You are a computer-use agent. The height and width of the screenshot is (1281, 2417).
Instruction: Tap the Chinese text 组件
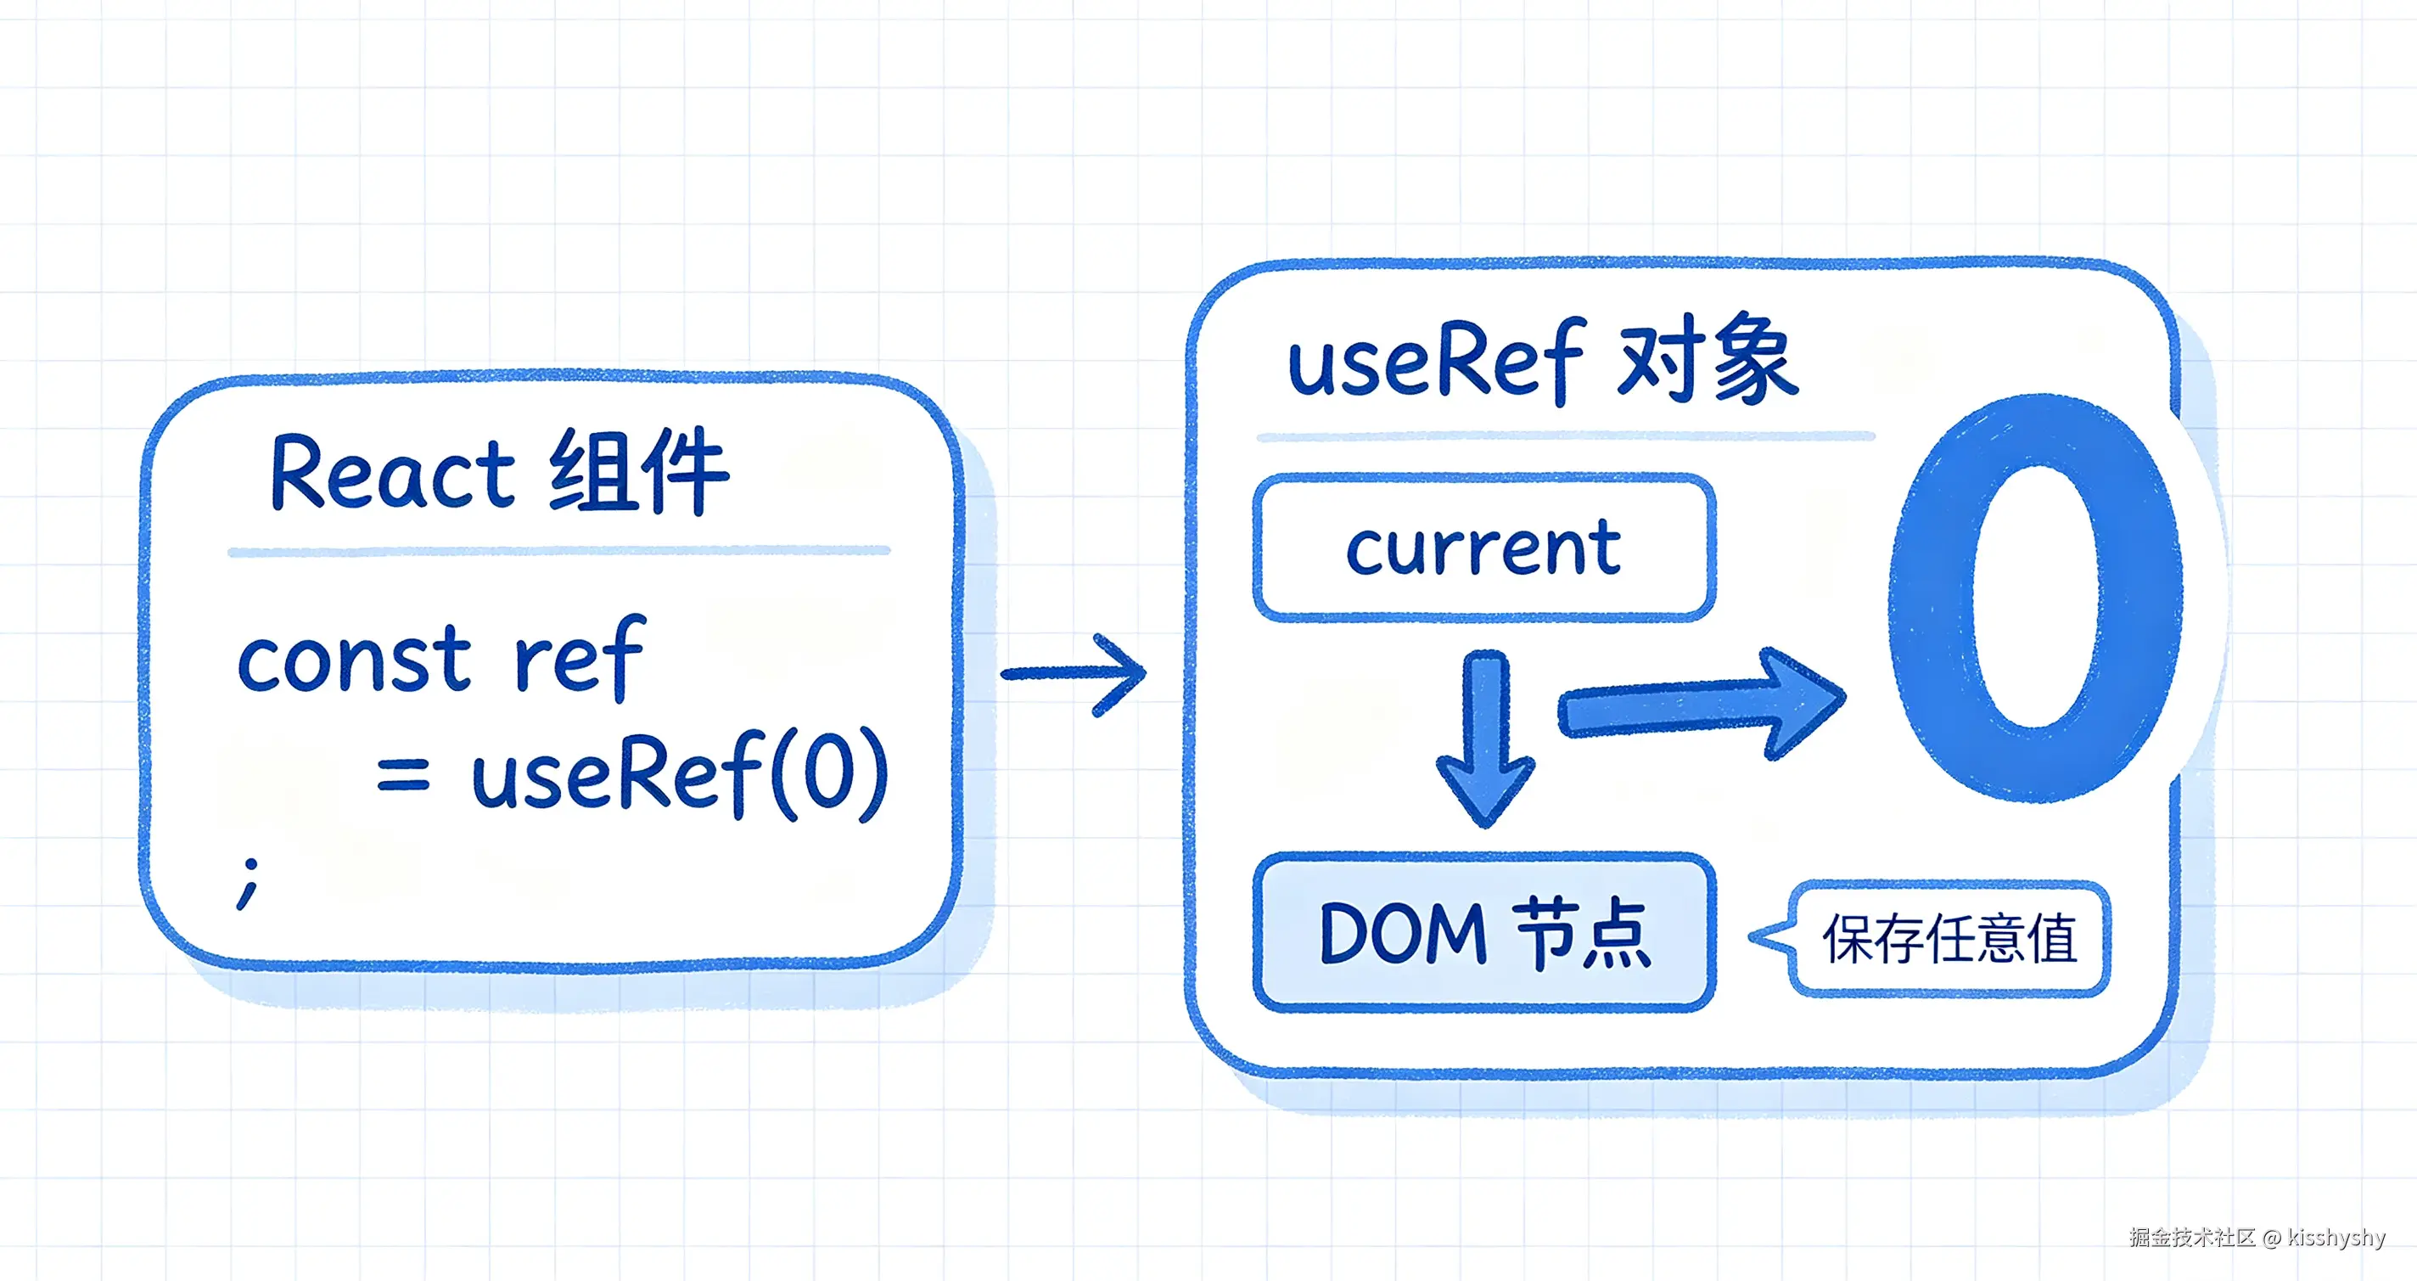[639, 470]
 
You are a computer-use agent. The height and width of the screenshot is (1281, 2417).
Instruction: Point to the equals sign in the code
[403, 774]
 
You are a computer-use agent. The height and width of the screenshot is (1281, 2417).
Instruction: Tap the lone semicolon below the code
[249, 883]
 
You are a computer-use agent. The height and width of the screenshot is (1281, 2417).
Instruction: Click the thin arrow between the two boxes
[1074, 674]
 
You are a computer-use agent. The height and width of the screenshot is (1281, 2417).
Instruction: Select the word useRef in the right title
[1438, 361]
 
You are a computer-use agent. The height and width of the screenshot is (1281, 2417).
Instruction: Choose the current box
[1484, 548]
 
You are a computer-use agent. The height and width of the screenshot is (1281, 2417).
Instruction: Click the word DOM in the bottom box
[1404, 934]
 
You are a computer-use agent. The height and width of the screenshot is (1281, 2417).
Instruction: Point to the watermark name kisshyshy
[2336, 1237]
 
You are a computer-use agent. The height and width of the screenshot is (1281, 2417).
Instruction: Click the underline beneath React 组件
[559, 551]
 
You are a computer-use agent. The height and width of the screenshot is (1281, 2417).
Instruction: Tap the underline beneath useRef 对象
[1565, 436]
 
